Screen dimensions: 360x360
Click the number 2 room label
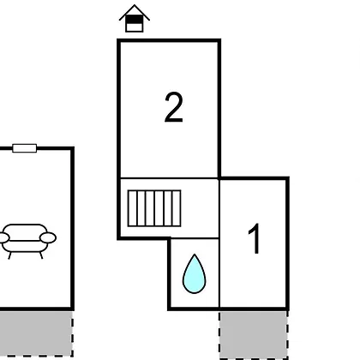174,108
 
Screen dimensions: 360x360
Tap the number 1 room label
255,238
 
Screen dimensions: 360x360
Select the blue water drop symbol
195,273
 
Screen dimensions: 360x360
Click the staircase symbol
154,208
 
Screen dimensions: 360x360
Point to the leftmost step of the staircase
132,208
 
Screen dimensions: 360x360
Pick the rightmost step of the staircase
177,208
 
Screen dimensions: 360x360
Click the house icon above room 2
135,18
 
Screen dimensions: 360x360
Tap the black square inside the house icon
135,20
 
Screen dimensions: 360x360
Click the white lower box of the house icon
135,27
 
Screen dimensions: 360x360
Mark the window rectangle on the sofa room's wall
25,148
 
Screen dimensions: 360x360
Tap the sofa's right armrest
48,237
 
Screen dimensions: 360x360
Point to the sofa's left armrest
4,237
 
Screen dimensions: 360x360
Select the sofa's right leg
41,255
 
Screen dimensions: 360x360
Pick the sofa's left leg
9,255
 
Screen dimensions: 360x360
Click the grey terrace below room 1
254,335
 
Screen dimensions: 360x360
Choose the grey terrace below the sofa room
36,333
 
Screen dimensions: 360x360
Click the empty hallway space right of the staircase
200,208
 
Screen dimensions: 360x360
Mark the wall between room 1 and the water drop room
219,273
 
